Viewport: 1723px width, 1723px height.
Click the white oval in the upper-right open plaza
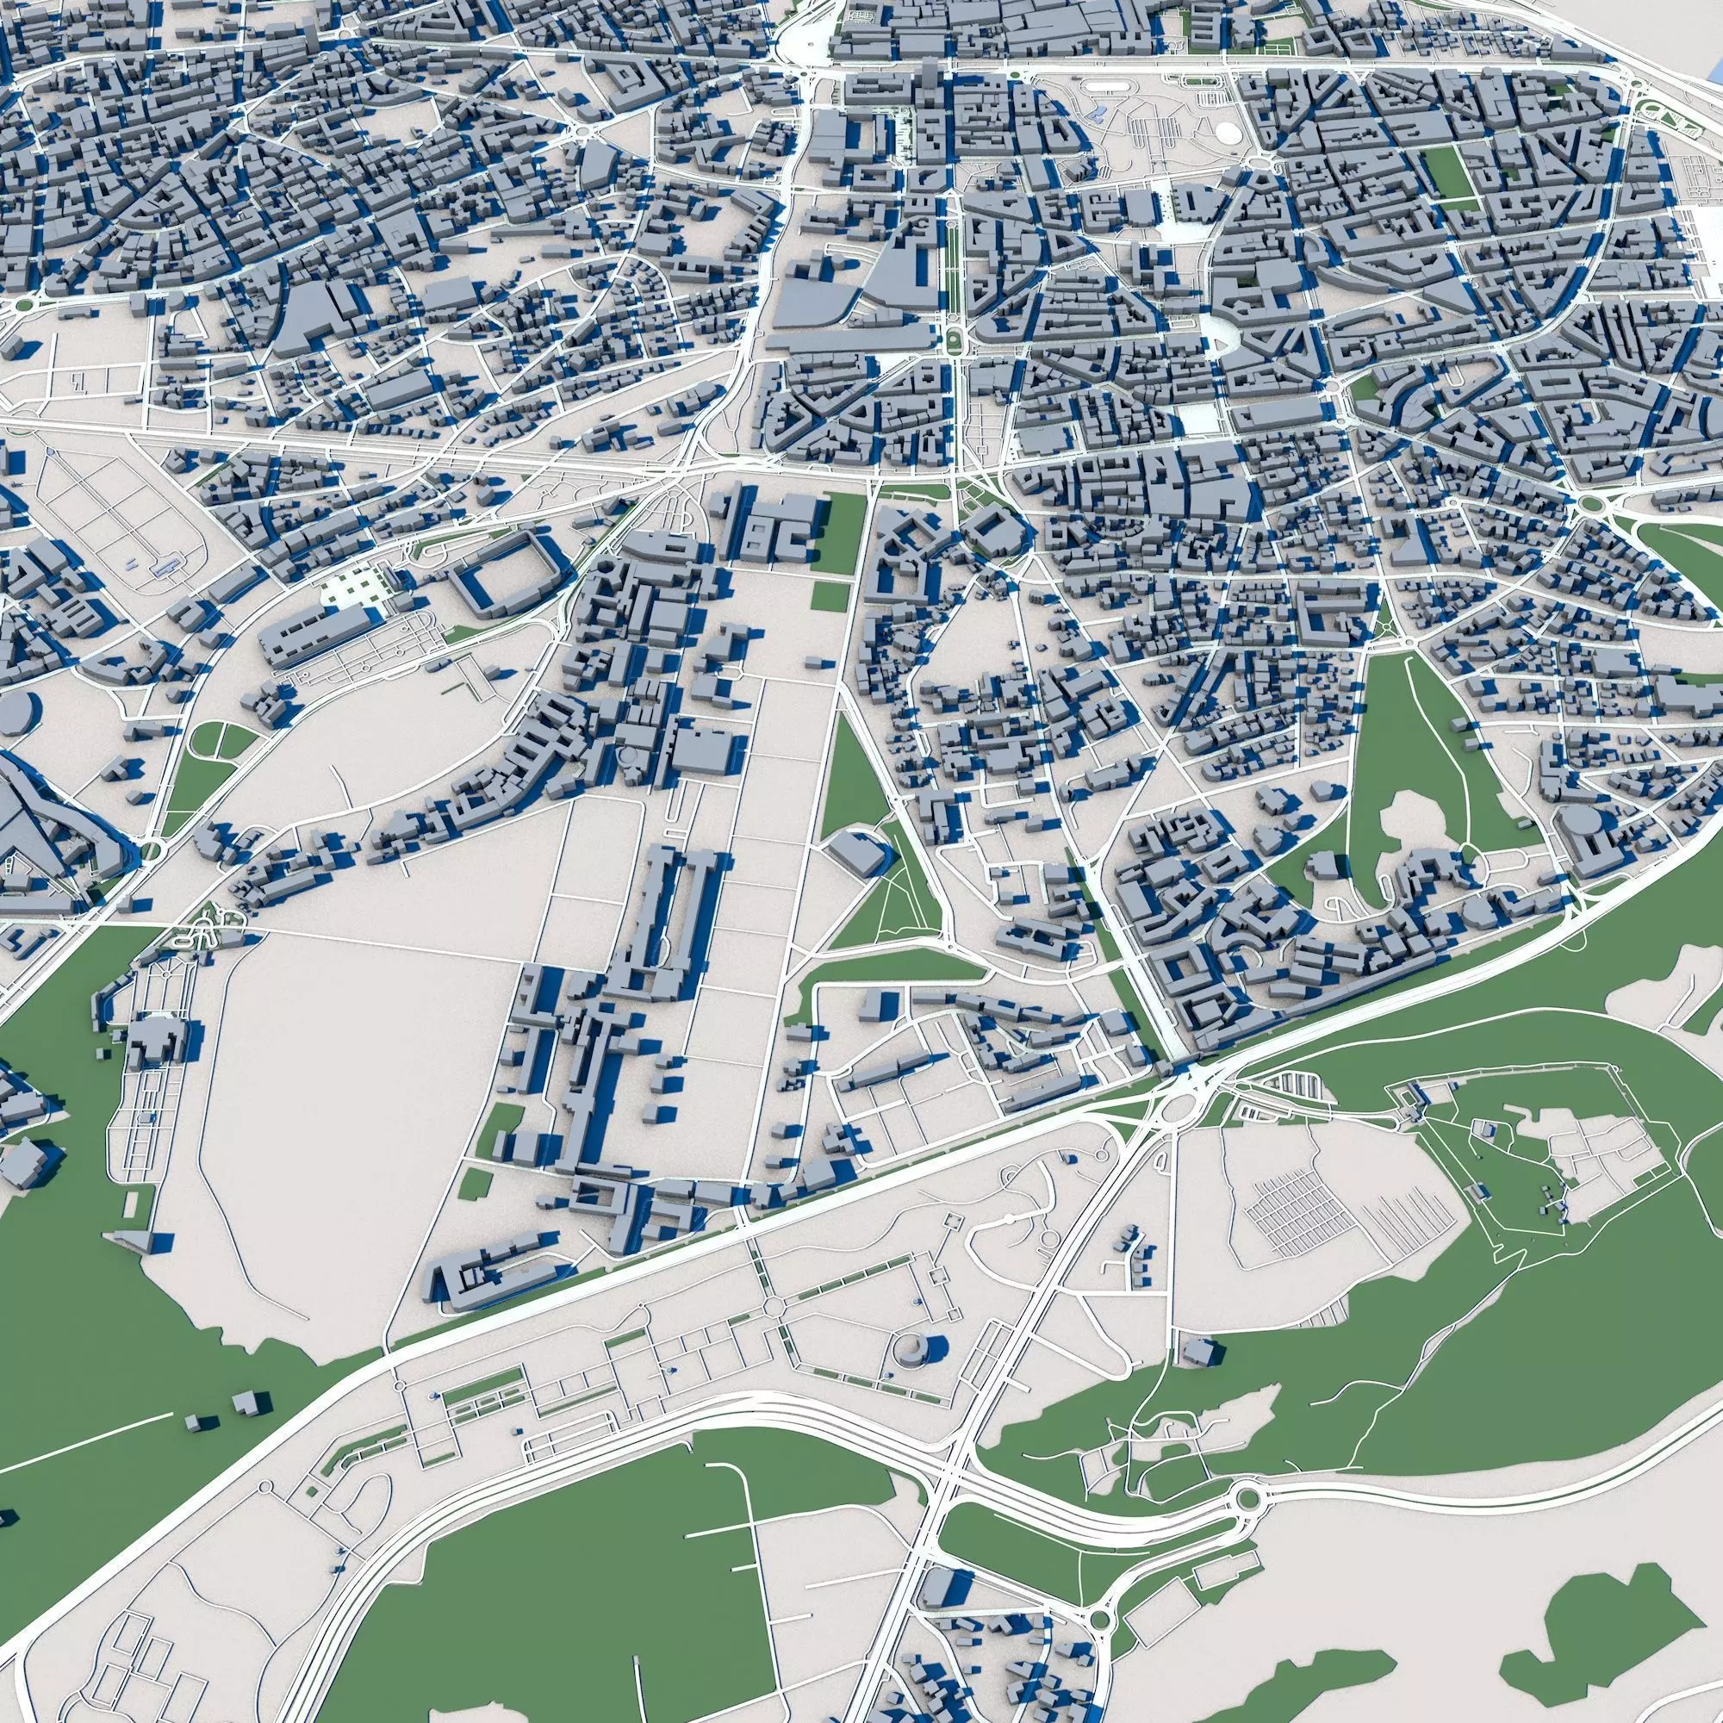[1228, 131]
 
